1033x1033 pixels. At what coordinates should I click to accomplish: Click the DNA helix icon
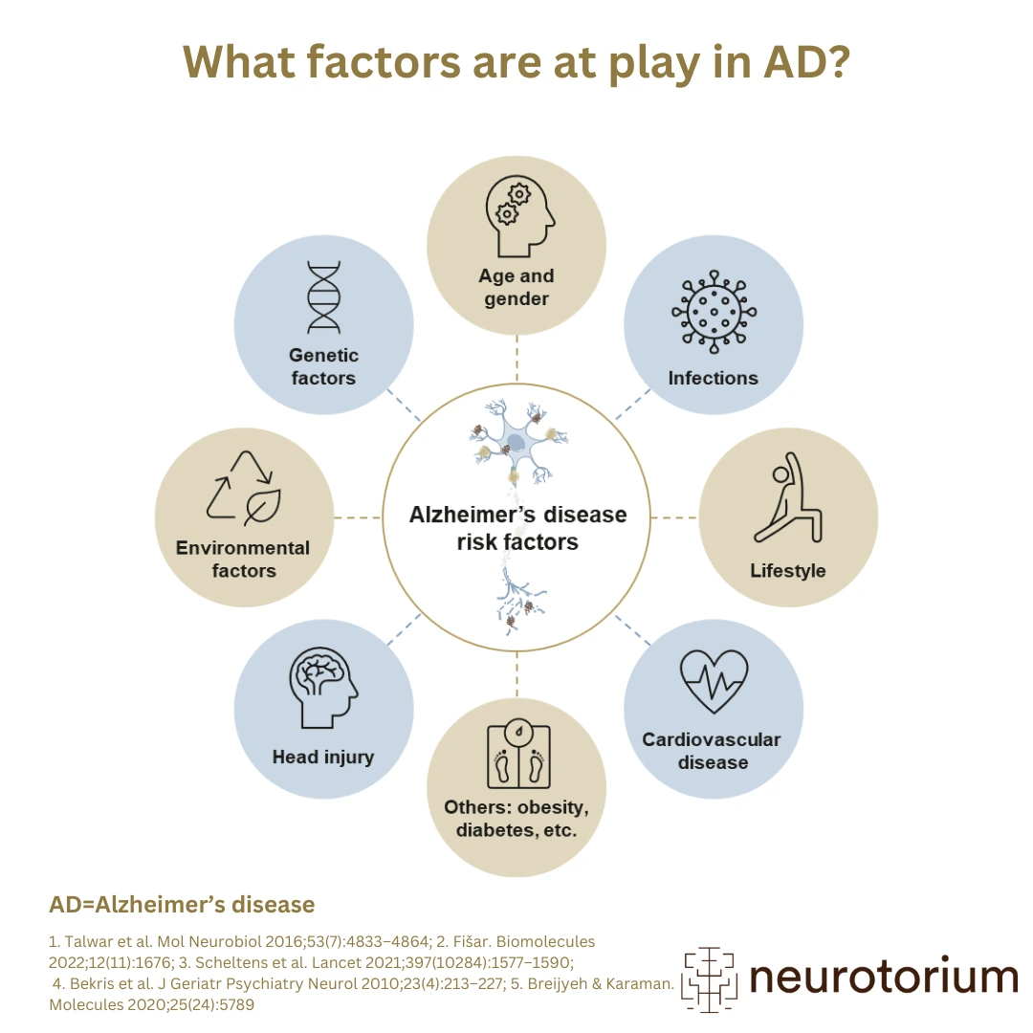coord(323,297)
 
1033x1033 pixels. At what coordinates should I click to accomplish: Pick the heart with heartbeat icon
coord(714,680)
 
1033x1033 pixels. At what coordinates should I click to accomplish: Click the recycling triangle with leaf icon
coord(243,487)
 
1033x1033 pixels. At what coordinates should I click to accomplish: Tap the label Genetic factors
coord(323,366)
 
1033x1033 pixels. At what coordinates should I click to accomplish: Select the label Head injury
coord(323,757)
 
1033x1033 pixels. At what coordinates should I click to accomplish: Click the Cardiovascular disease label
coord(712,751)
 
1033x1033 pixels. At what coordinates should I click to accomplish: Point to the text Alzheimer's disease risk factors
coord(517,528)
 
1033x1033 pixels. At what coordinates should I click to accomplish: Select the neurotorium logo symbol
coord(708,978)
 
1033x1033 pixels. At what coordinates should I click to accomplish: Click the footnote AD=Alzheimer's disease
coord(182,904)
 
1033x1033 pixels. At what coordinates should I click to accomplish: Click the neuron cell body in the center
coord(516,443)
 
